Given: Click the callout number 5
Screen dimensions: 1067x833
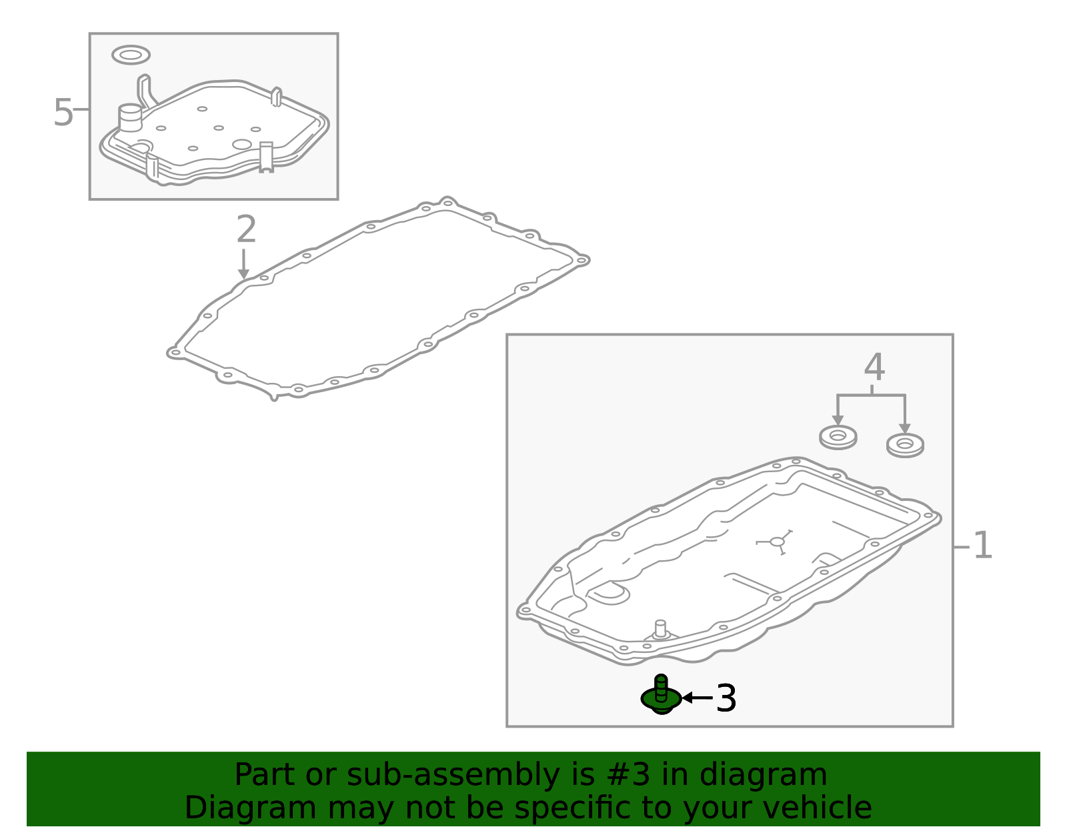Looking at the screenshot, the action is coord(63,113).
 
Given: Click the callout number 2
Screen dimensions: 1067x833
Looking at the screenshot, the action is coord(246,229).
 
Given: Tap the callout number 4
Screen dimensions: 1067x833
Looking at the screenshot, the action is coord(874,367).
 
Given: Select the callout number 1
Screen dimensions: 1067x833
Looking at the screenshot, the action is coord(982,545).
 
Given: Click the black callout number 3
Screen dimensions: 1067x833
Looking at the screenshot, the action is coord(726,698).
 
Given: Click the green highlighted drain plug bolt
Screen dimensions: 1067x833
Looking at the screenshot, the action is coord(662,695).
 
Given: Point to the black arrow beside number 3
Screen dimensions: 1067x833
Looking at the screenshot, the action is coord(698,697).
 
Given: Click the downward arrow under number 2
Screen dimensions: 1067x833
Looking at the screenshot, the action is coord(243,264).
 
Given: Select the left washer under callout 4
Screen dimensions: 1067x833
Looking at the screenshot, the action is coord(838,437).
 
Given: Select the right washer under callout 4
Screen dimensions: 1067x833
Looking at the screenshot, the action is coord(905,446).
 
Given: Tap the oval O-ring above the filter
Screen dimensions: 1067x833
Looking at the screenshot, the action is coord(131,55).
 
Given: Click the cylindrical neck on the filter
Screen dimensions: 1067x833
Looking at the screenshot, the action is coord(130,118).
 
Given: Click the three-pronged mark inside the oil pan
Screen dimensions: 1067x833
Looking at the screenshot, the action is coord(777,542).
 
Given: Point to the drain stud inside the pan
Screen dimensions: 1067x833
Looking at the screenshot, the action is coord(660,629).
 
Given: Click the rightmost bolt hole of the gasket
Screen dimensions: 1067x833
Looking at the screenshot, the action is coord(582,261).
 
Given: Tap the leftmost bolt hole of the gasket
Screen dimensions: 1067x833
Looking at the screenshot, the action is coord(174,352).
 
